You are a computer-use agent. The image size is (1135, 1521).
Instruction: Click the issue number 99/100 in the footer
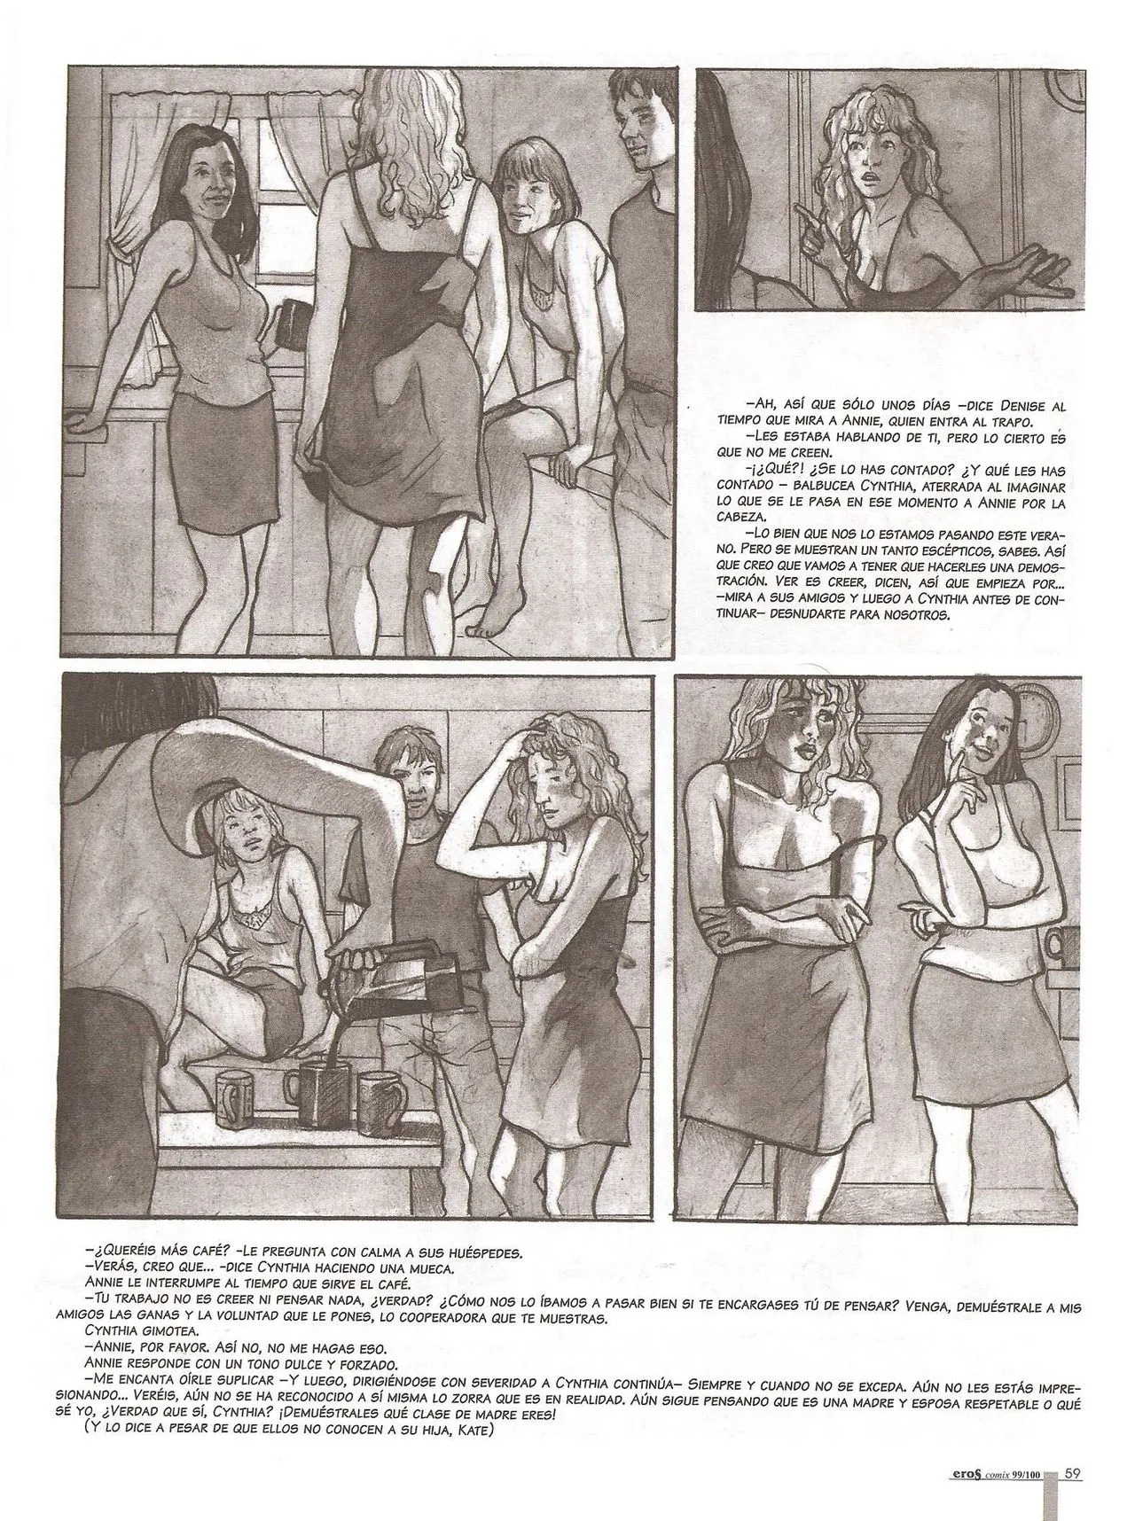(x=1029, y=1474)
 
